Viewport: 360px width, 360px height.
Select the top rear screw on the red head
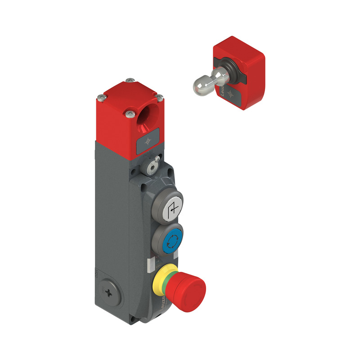coord(130,81)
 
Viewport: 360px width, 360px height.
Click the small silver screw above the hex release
coord(156,159)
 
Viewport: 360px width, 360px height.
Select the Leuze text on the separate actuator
coord(223,89)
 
